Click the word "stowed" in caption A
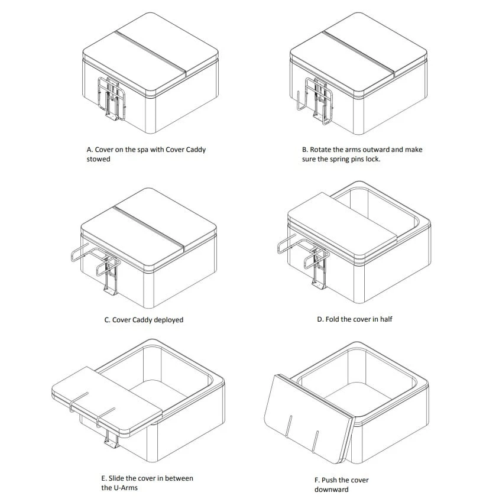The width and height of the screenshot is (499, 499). pyautogui.click(x=98, y=159)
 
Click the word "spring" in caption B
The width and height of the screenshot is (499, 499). pyautogui.click(x=340, y=160)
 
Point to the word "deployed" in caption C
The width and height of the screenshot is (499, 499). pyautogui.click(x=169, y=320)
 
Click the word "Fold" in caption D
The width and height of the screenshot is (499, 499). pyautogui.click(x=332, y=319)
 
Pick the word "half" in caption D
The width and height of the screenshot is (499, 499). pyautogui.click(x=385, y=319)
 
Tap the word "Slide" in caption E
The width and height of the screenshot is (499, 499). pyautogui.click(x=116, y=478)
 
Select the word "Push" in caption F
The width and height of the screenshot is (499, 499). pyautogui.click(x=328, y=480)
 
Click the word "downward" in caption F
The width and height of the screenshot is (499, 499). pyautogui.click(x=332, y=490)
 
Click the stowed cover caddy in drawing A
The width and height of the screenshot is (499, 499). pyautogui.click(x=111, y=99)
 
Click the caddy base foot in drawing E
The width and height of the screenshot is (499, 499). pyautogui.click(x=111, y=443)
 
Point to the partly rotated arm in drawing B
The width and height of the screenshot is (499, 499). pyautogui.click(x=300, y=101)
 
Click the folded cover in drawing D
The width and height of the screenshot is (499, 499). pyautogui.click(x=342, y=228)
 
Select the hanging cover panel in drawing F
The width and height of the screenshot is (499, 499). pyautogui.click(x=309, y=419)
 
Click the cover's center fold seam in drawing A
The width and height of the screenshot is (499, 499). pyautogui.click(x=150, y=54)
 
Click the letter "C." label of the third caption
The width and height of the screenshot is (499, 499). pyautogui.click(x=107, y=320)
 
